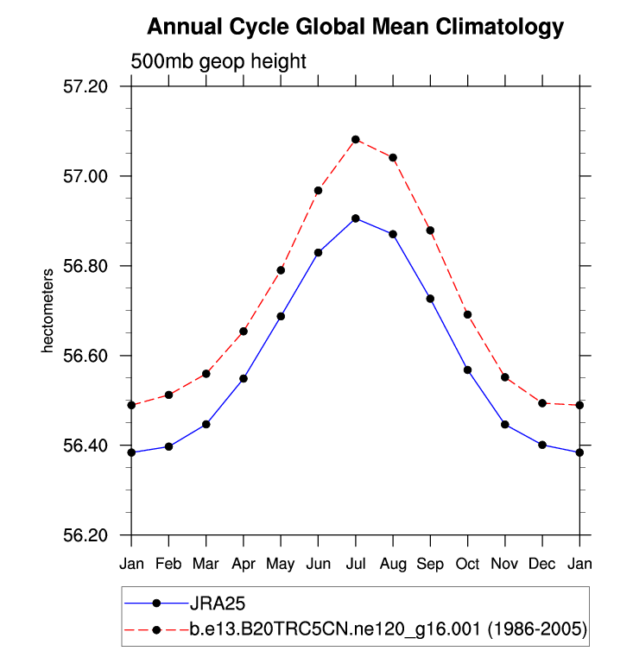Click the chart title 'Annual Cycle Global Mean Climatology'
(x=355, y=28)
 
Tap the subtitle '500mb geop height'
(x=218, y=62)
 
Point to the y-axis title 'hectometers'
(x=49, y=311)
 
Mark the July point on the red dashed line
(x=356, y=139)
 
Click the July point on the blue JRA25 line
(x=356, y=218)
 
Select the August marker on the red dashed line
(x=393, y=158)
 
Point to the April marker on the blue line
(x=244, y=378)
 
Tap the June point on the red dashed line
(x=318, y=190)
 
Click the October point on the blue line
(x=467, y=370)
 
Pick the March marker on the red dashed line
(x=206, y=374)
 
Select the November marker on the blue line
(x=505, y=424)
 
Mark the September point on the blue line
(x=430, y=298)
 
